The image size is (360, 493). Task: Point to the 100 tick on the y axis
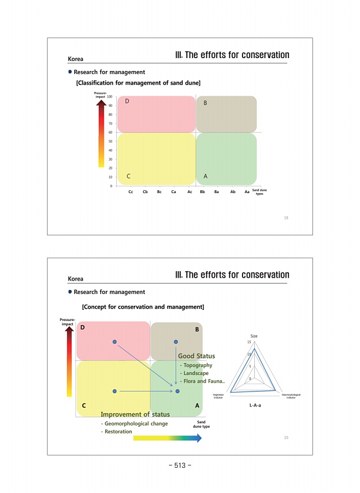[x=110, y=96]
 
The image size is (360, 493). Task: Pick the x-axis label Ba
[x=217, y=192]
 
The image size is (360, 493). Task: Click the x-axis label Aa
[x=246, y=192]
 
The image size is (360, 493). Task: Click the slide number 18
[x=286, y=218]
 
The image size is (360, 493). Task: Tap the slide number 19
[x=286, y=438]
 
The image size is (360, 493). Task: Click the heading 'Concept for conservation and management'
[x=143, y=306]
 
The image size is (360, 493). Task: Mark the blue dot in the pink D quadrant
[x=115, y=342]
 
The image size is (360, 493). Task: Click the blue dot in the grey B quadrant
[x=176, y=342]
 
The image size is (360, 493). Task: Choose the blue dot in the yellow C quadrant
[x=115, y=390]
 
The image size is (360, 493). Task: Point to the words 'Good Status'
[x=197, y=356]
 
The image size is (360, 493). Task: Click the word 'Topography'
[x=197, y=365]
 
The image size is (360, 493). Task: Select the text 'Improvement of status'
[x=135, y=415]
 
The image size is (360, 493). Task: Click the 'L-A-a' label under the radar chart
[x=255, y=404]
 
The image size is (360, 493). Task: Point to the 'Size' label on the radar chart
[x=254, y=336]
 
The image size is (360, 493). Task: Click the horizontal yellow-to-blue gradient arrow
[x=167, y=438]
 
